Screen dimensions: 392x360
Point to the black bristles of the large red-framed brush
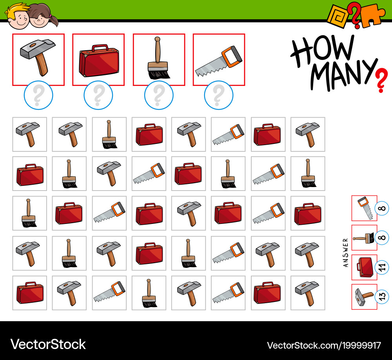[x=159, y=74]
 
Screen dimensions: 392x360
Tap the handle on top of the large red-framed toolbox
[x=100, y=47]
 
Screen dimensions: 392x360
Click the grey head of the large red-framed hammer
[x=38, y=49]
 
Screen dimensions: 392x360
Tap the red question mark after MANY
[x=382, y=80]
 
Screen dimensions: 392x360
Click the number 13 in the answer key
[x=382, y=297]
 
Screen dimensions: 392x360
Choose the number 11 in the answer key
[x=382, y=267]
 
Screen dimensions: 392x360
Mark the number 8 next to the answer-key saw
[x=382, y=208]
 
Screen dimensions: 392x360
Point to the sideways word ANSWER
[x=345, y=253]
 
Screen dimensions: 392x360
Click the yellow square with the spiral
[x=338, y=16]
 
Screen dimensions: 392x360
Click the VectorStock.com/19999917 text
[x=324, y=345]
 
